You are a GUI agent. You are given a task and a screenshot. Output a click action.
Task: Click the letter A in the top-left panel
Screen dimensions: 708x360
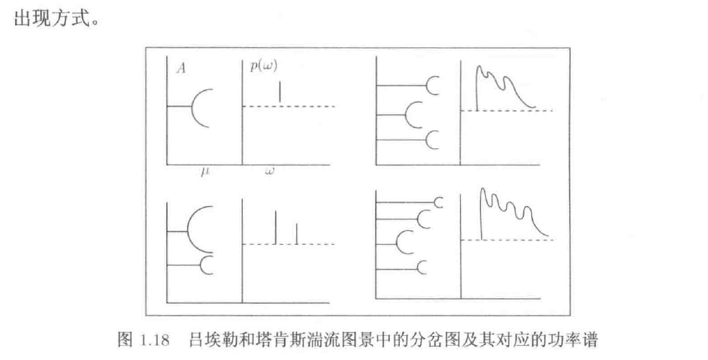coord(181,68)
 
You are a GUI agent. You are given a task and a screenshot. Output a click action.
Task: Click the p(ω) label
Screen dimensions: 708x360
coord(264,66)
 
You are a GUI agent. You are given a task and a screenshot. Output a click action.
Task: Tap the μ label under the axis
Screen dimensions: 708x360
coord(205,171)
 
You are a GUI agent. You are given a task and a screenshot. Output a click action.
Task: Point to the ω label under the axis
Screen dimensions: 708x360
coord(269,171)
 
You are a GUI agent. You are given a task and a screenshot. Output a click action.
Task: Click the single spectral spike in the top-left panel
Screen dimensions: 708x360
coord(280,92)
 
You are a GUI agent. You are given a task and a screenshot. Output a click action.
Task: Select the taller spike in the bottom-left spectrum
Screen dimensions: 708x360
coord(275,227)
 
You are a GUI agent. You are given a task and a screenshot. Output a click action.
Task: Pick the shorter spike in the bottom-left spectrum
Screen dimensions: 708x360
coord(296,234)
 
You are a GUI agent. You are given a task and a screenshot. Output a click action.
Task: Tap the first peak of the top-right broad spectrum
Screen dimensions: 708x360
coord(480,68)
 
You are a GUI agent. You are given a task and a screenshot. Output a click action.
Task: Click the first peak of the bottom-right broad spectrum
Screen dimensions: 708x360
coord(484,189)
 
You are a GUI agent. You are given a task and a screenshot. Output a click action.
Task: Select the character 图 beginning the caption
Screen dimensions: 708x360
coord(125,340)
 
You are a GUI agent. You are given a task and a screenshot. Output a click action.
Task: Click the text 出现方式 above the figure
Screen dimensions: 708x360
coord(50,20)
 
